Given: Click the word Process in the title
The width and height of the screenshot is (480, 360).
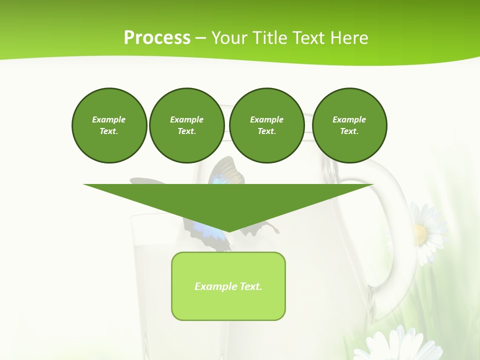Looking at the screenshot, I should tap(157, 38).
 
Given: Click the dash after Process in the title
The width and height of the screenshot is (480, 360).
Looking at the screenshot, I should tap(200, 38).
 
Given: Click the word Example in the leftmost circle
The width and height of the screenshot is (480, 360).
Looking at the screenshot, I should tap(108, 119).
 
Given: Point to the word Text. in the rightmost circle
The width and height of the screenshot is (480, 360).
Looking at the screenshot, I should tap(349, 131).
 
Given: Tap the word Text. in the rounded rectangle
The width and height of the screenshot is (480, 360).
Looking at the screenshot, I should tap(251, 286).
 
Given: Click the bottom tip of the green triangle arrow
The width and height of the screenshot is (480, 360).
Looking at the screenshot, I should tap(228, 230).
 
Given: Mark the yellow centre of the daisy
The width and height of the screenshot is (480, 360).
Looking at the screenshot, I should tap(420, 233).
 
